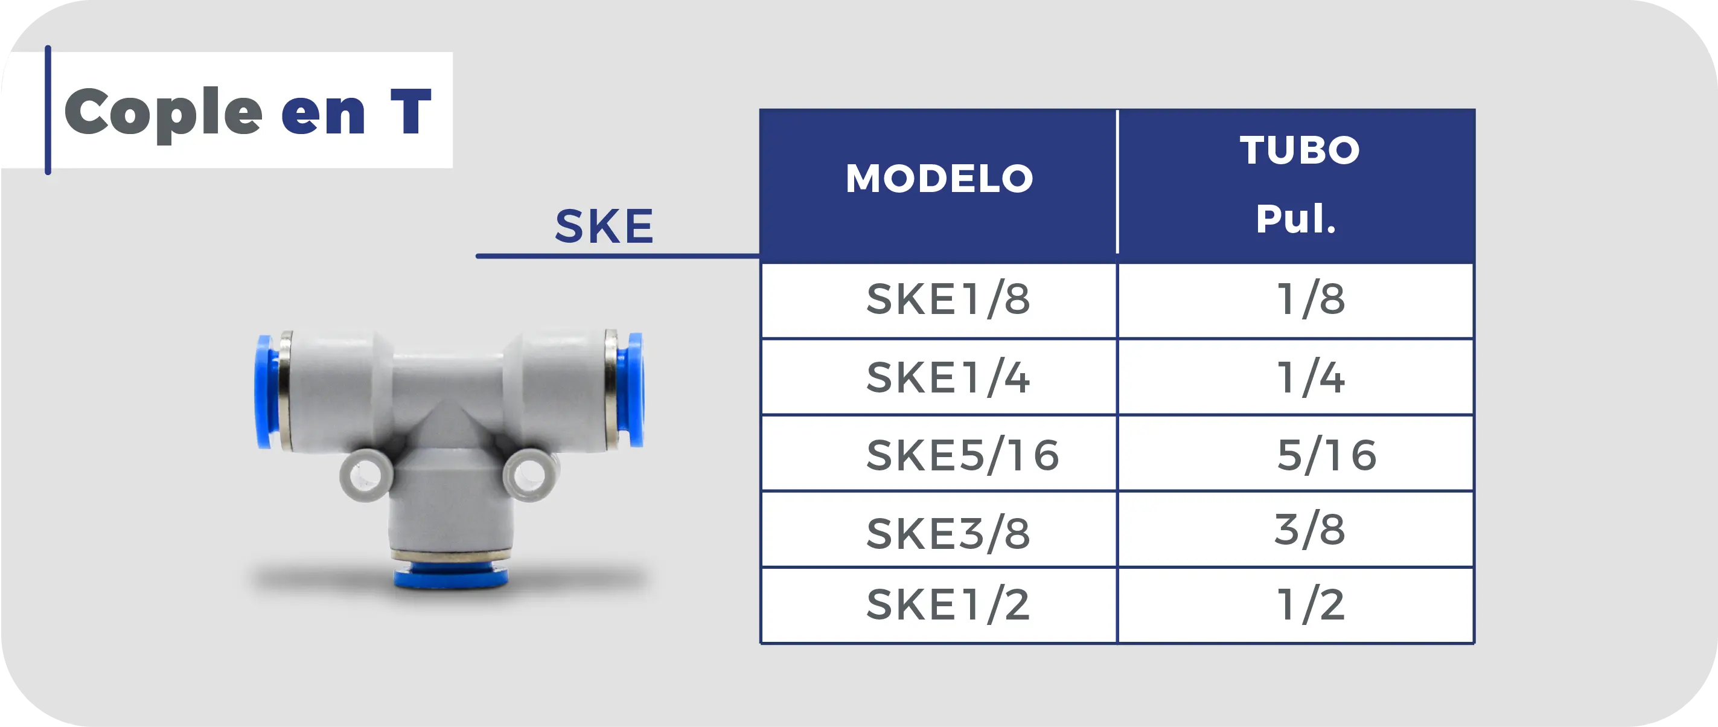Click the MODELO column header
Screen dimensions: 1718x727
[939, 178]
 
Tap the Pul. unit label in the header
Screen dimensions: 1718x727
[1296, 218]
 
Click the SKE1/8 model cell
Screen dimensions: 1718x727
[948, 299]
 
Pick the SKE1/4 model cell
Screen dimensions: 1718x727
[948, 377]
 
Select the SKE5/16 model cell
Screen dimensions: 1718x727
[962, 455]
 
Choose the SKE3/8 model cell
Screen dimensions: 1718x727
[948, 534]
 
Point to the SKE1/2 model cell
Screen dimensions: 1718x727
[948, 605]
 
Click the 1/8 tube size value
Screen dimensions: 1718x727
[1311, 299]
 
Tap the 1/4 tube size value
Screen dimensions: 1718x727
[1311, 377]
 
